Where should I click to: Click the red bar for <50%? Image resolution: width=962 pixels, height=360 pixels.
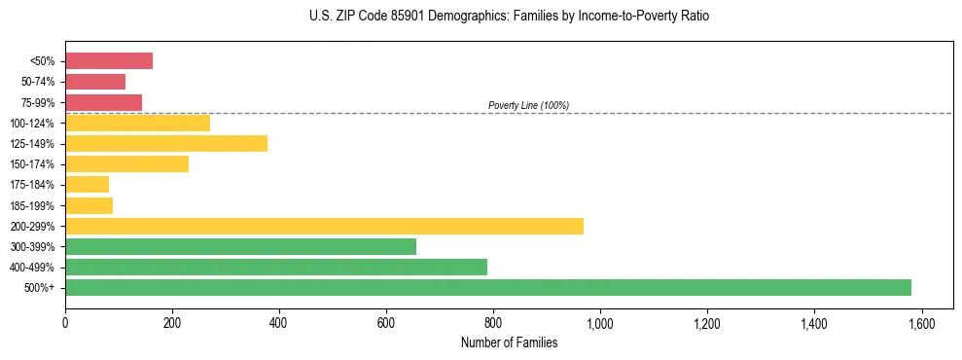click(109, 61)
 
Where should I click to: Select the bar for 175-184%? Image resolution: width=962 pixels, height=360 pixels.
click(87, 185)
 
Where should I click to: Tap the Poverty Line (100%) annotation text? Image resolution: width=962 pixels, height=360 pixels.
click(528, 105)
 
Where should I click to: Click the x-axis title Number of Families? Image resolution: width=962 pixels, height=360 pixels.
click(509, 342)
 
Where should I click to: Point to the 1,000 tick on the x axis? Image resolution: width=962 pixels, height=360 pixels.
click(599, 321)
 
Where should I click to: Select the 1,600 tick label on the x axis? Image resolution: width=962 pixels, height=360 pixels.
click(920, 321)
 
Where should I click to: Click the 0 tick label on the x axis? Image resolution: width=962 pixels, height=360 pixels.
click(65, 321)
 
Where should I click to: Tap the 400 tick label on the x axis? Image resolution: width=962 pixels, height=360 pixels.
click(279, 321)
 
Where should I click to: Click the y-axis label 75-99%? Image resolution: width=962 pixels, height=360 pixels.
click(35, 103)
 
